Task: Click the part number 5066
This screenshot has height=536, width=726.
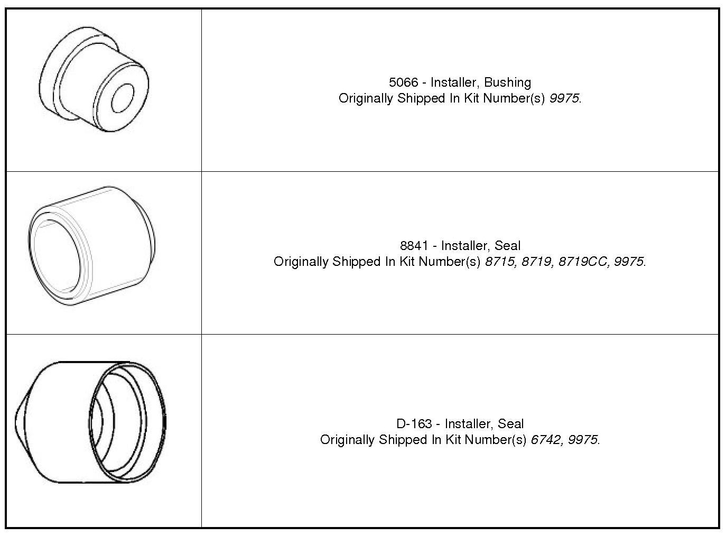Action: pos(403,82)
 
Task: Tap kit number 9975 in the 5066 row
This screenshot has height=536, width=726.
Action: pos(564,98)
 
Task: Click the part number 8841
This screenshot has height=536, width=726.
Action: pos(414,246)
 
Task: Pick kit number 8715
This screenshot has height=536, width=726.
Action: pos(499,262)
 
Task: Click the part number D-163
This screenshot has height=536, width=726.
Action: pos(414,424)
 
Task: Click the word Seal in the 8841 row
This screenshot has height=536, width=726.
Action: pos(507,246)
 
